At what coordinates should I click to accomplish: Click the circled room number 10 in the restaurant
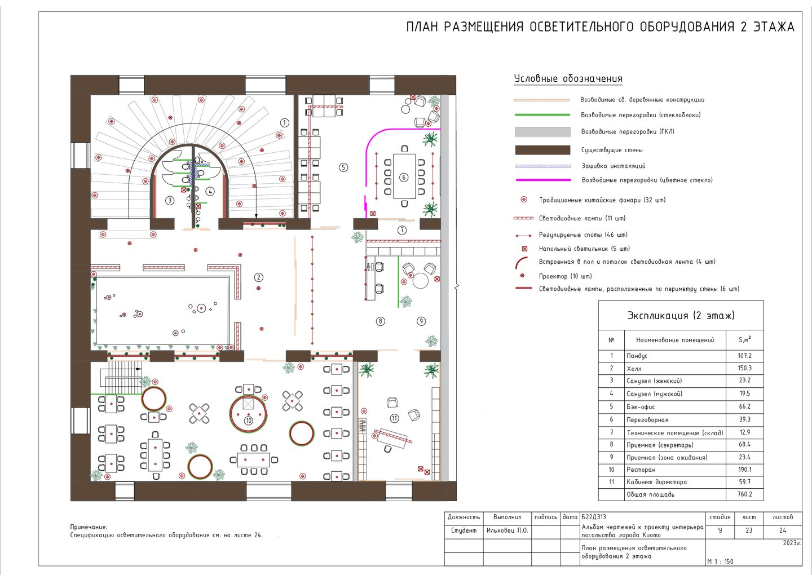click(x=248, y=421)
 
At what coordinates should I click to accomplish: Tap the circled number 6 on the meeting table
click(x=404, y=177)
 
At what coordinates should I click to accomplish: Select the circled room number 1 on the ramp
click(x=285, y=123)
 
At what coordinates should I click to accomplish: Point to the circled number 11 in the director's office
click(x=394, y=418)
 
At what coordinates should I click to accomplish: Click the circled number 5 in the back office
click(x=343, y=167)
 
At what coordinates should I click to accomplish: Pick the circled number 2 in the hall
click(x=258, y=277)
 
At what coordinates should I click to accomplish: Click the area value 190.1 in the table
click(x=744, y=470)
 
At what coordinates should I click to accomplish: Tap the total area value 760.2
click(x=744, y=494)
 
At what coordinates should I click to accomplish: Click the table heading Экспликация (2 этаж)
click(x=681, y=316)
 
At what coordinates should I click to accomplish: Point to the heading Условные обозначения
click(x=568, y=78)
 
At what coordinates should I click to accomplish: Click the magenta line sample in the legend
click(x=543, y=180)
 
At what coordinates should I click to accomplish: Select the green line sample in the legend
click(x=542, y=115)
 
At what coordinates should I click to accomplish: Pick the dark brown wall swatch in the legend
click(x=542, y=150)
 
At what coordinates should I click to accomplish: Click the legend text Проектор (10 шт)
click(x=566, y=276)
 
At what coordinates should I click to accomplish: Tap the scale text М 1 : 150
click(x=720, y=561)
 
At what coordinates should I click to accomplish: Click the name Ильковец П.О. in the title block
click(x=507, y=531)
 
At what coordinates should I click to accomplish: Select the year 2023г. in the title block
click(x=792, y=543)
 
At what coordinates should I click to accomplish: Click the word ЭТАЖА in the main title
click(x=774, y=27)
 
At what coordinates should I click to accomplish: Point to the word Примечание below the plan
click(x=89, y=527)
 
